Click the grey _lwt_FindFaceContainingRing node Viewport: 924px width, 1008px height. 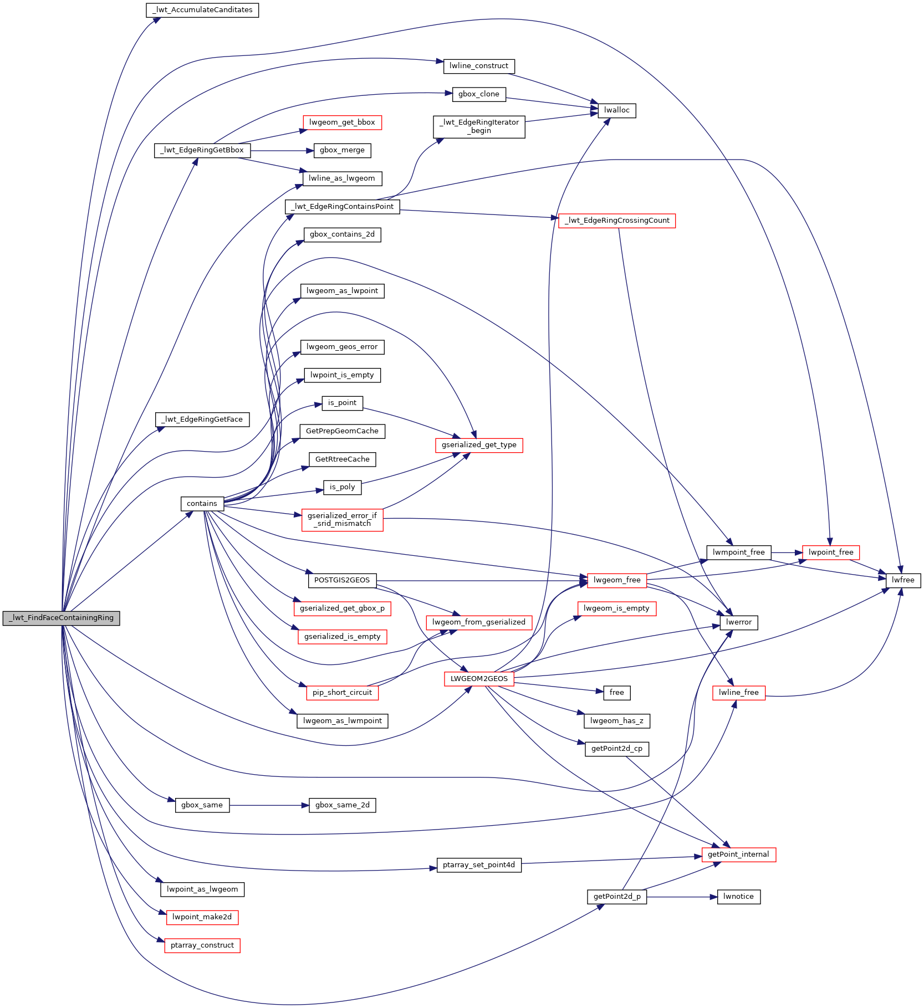pos(61,618)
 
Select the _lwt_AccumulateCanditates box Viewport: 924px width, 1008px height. pos(202,10)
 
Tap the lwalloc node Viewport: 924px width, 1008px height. pos(616,110)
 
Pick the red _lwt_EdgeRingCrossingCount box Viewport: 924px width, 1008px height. pos(616,221)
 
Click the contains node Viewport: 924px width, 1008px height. pos(202,504)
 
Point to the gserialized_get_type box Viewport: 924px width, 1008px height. pos(479,445)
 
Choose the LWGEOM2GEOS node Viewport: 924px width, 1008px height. pos(479,679)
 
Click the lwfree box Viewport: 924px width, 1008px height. pos(903,580)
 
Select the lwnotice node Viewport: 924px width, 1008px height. pos(738,897)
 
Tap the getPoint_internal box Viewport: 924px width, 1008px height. pos(738,855)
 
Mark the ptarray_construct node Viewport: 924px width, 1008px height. pos(202,945)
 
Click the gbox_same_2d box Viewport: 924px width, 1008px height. pos(342,805)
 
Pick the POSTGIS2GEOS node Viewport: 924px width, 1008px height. pos(341,580)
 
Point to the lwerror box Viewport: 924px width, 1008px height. pos(738,622)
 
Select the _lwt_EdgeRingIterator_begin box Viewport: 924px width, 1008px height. pos(479,126)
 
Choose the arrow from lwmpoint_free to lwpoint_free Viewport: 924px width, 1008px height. pos(787,552)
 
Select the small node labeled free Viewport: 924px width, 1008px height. pos(616,693)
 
